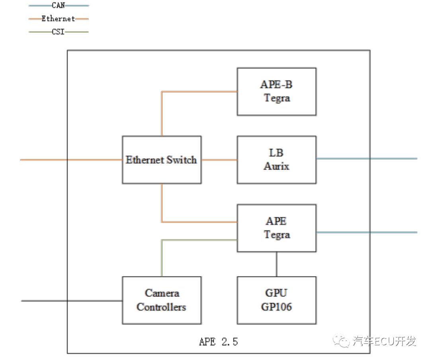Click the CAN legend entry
click(59, 6)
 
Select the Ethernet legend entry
click(59, 18)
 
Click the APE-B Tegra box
click(276, 92)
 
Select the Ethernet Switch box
click(161, 160)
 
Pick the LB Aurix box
click(276, 160)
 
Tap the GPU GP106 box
click(276, 300)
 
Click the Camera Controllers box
click(161, 300)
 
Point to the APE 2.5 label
click(218, 342)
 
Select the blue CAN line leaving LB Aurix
click(366, 158)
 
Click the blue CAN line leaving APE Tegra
click(366, 232)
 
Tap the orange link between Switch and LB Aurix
click(219, 160)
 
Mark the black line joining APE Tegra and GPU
click(276, 264)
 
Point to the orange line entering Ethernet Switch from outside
click(72, 160)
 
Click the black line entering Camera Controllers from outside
click(72, 301)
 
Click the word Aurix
click(276, 166)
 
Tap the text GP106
click(276, 307)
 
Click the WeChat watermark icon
click(342, 341)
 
